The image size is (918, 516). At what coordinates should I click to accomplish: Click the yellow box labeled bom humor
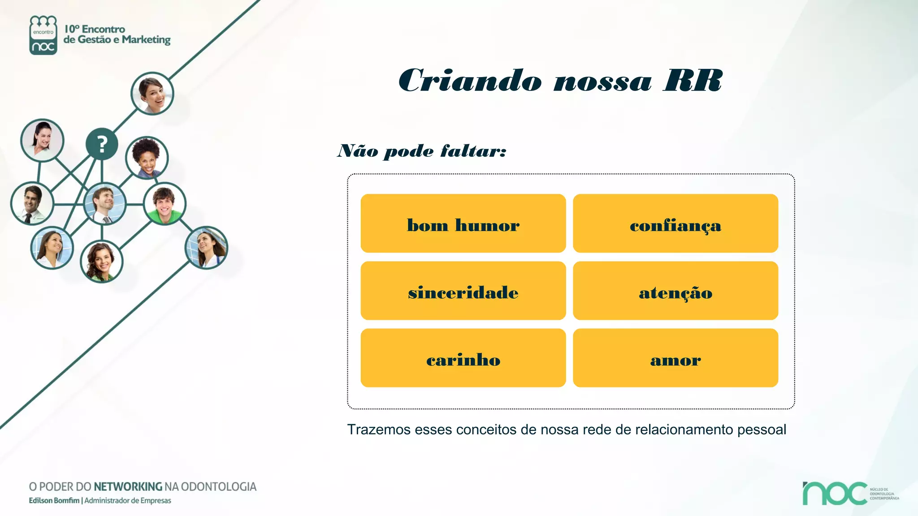(463, 224)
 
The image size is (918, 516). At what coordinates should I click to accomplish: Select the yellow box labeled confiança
(675, 224)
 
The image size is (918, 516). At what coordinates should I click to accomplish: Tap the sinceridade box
(463, 291)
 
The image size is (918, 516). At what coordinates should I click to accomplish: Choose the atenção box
(675, 291)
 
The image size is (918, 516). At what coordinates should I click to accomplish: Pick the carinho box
(463, 358)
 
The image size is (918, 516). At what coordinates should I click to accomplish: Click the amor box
(675, 358)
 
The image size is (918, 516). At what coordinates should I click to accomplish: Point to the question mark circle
(102, 144)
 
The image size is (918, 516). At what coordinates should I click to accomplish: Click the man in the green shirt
(165, 204)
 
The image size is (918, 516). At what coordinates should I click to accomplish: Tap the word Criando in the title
(470, 81)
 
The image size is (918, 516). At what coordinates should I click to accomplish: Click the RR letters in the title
(693, 81)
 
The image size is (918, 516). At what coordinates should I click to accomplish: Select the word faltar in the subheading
(473, 151)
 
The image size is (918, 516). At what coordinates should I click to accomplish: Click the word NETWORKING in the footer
(128, 487)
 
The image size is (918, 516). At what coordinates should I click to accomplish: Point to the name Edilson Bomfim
(54, 501)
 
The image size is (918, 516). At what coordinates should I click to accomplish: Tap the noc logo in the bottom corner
(835, 494)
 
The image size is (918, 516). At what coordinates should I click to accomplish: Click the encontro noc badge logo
(43, 35)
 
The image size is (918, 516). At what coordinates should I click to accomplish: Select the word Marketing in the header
(146, 40)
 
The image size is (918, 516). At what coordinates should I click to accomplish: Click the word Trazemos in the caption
(378, 430)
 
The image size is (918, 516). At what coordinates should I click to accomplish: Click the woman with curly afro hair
(147, 157)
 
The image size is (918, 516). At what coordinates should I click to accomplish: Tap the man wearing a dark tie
(32, 204)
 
